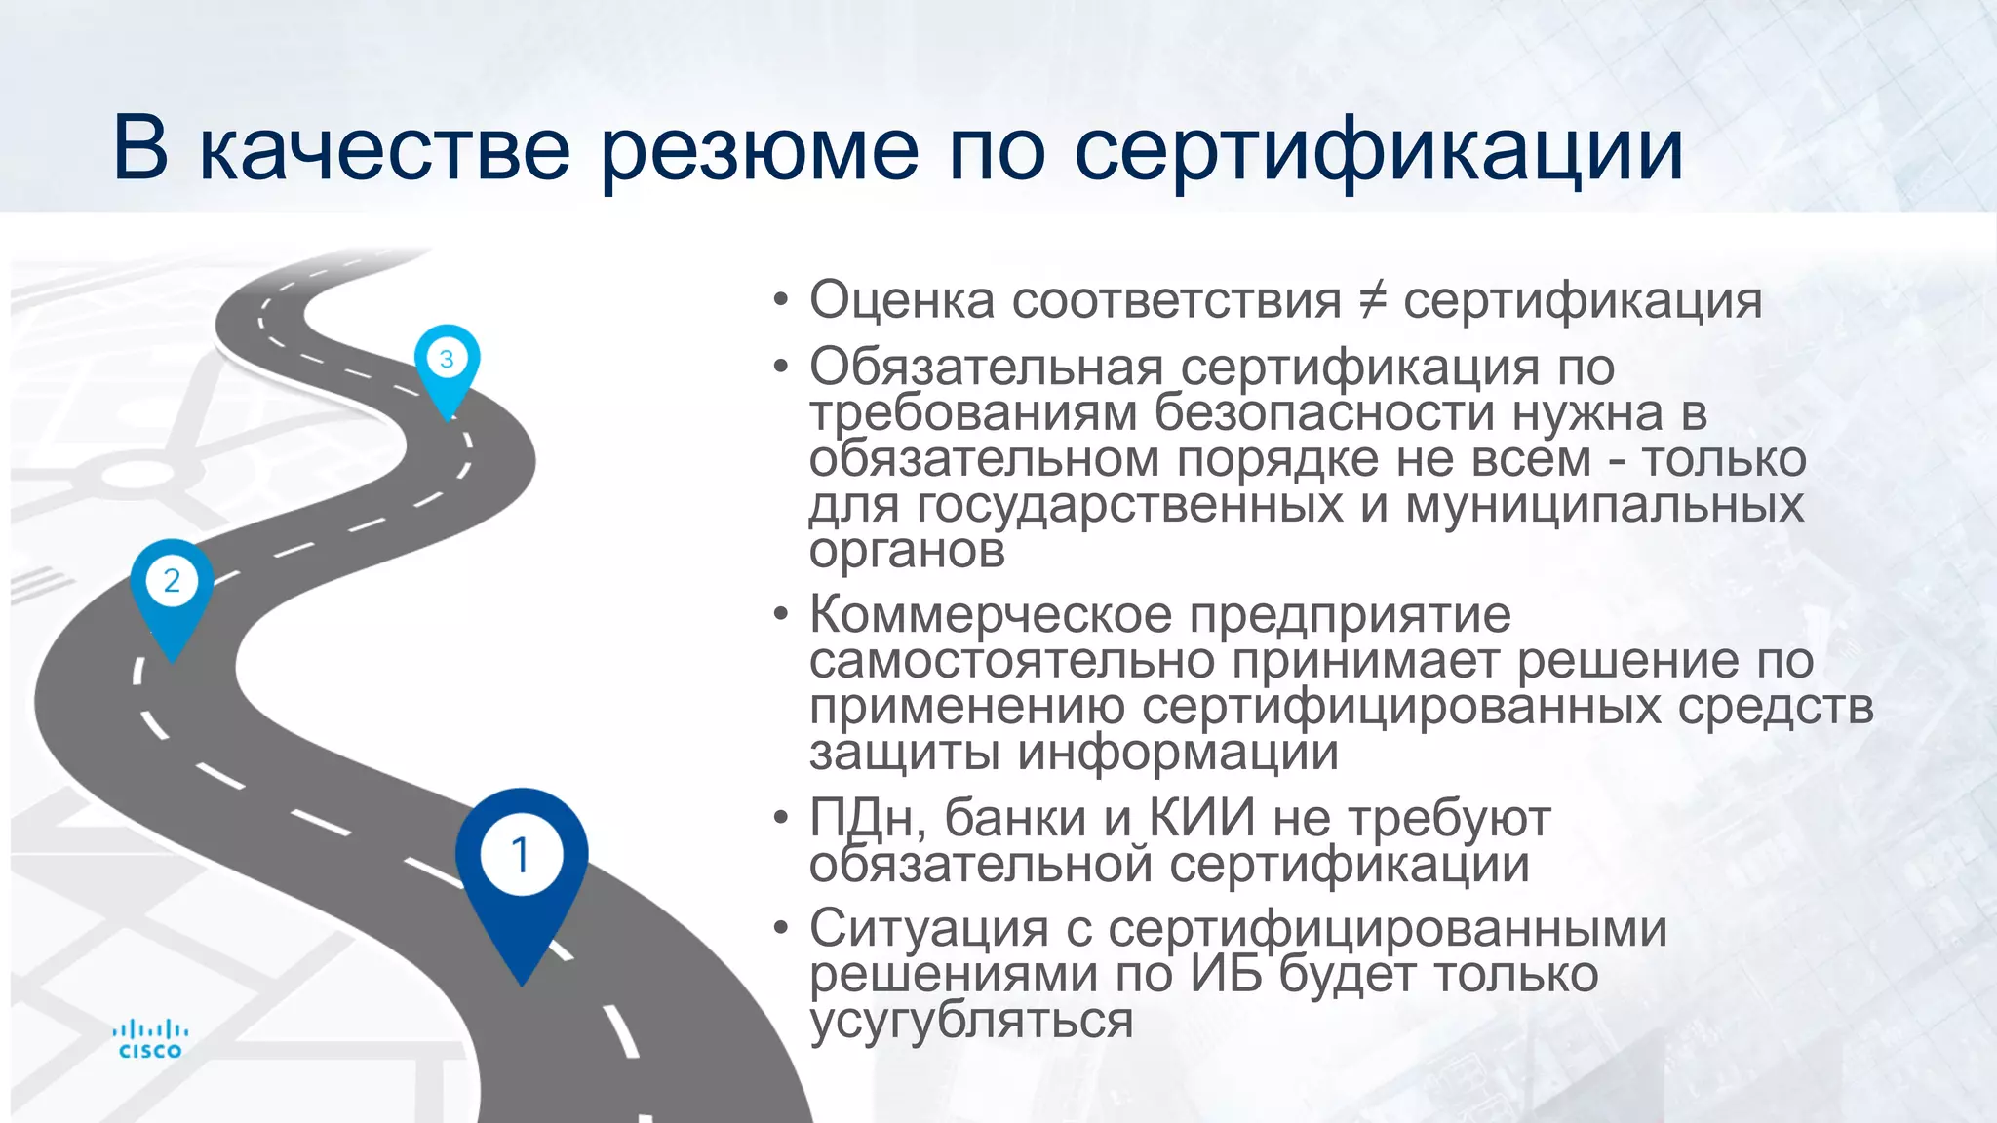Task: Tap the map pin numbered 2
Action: pos(172,585)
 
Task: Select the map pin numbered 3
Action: pos(447,361)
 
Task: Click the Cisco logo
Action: pos(150,1039)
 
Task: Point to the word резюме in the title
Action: pos(759,151)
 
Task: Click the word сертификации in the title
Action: pos(1379,151)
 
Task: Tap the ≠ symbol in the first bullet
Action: pos(1372,299)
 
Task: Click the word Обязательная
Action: pos(986,368)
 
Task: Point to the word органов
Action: pos(907,551)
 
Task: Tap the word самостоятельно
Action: pos(1011,661)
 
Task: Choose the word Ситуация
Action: pos(928,927)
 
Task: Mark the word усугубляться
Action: pos(971,1021)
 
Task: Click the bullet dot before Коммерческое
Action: pos(779,615)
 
